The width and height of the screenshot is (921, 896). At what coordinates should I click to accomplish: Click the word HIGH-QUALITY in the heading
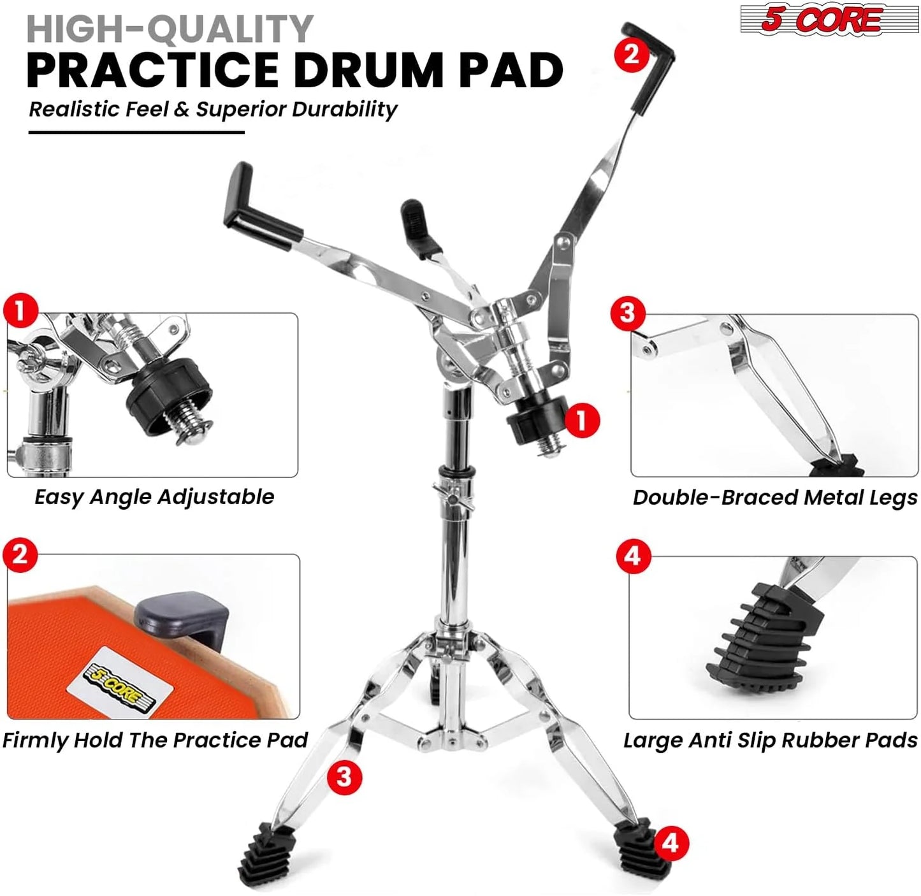click(170, 29)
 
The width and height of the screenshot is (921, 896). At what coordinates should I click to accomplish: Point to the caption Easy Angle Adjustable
click(154, 497)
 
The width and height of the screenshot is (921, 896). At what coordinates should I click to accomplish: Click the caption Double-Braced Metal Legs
click(774, 498)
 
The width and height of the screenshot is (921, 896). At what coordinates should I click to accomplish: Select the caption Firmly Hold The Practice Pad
click(155, 740)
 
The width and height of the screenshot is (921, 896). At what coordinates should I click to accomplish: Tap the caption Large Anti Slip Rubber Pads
click(770, 740)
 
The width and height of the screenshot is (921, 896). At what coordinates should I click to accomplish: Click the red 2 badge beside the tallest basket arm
click(631, 54)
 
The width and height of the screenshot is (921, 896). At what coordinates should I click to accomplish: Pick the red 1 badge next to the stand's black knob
click(581, 421)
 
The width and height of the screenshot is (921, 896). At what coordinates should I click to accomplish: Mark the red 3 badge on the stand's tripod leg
click(344, 777)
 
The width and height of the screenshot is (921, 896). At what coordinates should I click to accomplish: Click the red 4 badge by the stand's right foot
click(670, 843)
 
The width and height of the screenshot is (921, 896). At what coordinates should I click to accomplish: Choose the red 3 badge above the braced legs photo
click(628, 313)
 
